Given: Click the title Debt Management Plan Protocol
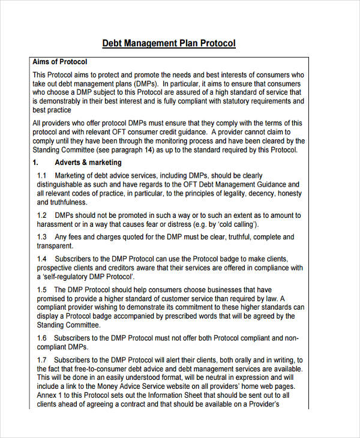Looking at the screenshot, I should pos(169,43).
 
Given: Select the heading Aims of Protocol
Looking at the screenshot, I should pos(59,62).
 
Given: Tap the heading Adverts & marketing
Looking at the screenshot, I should pos(88,163).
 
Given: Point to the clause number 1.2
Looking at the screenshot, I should pos(42,215).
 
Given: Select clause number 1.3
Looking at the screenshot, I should pos(42,237).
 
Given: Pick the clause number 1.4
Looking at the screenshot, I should pos(42,258).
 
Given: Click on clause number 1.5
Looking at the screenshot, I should pos(42,289).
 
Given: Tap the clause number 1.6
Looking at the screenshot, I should pos(42,338).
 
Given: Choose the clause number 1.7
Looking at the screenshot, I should pos(42,360).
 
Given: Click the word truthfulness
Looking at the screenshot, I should pos(59,202).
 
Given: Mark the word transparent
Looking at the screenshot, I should pos(55,246).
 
